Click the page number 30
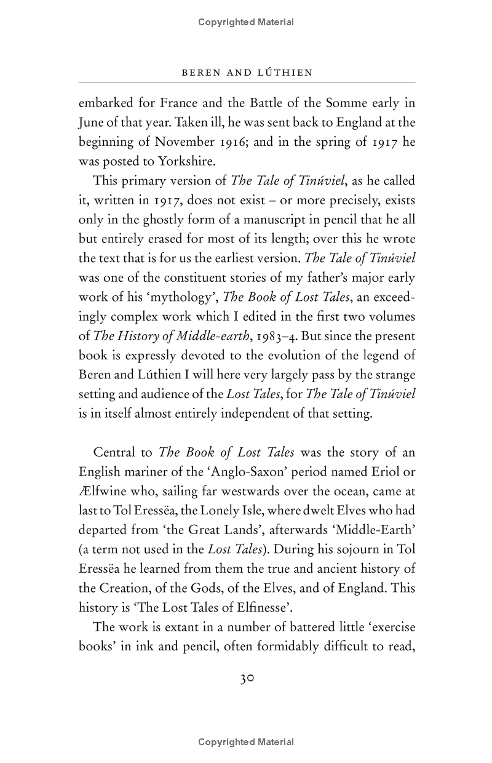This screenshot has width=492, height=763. [247, 679]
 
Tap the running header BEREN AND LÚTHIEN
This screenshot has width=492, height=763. [247, 73]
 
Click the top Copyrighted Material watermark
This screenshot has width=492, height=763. [246, 22]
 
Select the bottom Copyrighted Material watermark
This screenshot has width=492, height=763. [246, 742]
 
